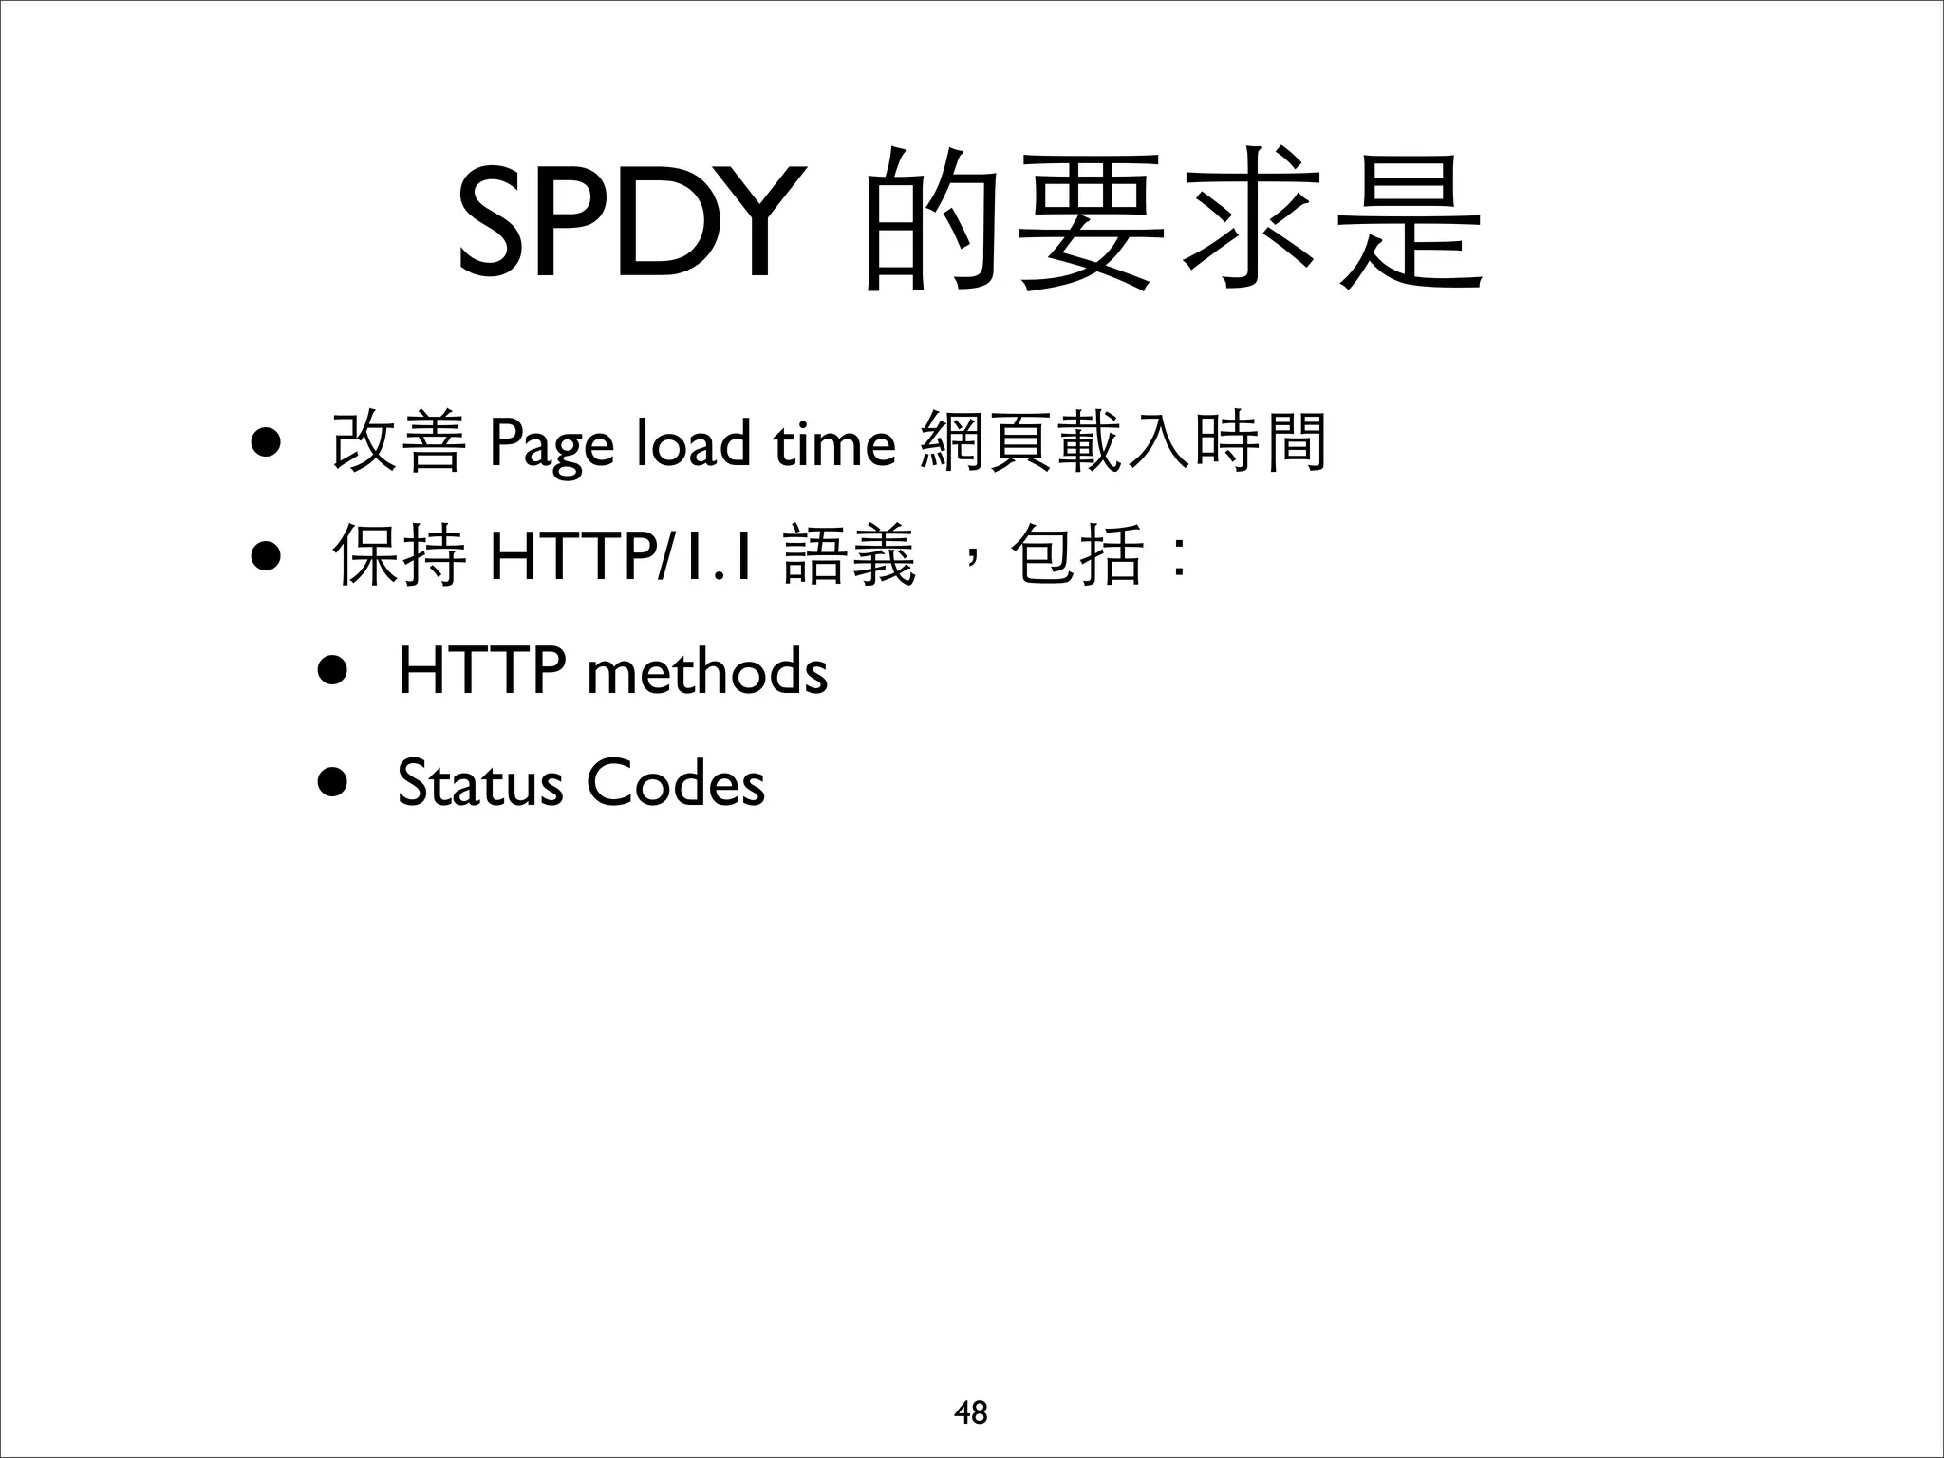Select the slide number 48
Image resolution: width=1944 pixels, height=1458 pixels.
[971, 1412]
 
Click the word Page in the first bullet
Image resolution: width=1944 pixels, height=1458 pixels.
[551, 444]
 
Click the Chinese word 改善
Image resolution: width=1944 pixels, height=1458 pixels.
[399, 442]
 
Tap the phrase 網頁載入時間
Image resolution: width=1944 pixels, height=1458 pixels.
[1124, 442]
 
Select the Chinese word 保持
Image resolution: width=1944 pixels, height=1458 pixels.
[399, 556]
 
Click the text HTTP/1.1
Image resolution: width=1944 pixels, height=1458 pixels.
[622, 557]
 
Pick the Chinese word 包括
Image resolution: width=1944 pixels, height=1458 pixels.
[1076, 556]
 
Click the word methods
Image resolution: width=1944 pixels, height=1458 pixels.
[707, 671]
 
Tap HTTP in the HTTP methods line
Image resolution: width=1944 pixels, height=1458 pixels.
[482, 671]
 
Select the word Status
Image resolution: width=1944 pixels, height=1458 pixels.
[480, 784]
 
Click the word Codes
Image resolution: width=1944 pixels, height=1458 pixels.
[675, 784]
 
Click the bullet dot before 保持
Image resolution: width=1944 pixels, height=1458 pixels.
[266, 558]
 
